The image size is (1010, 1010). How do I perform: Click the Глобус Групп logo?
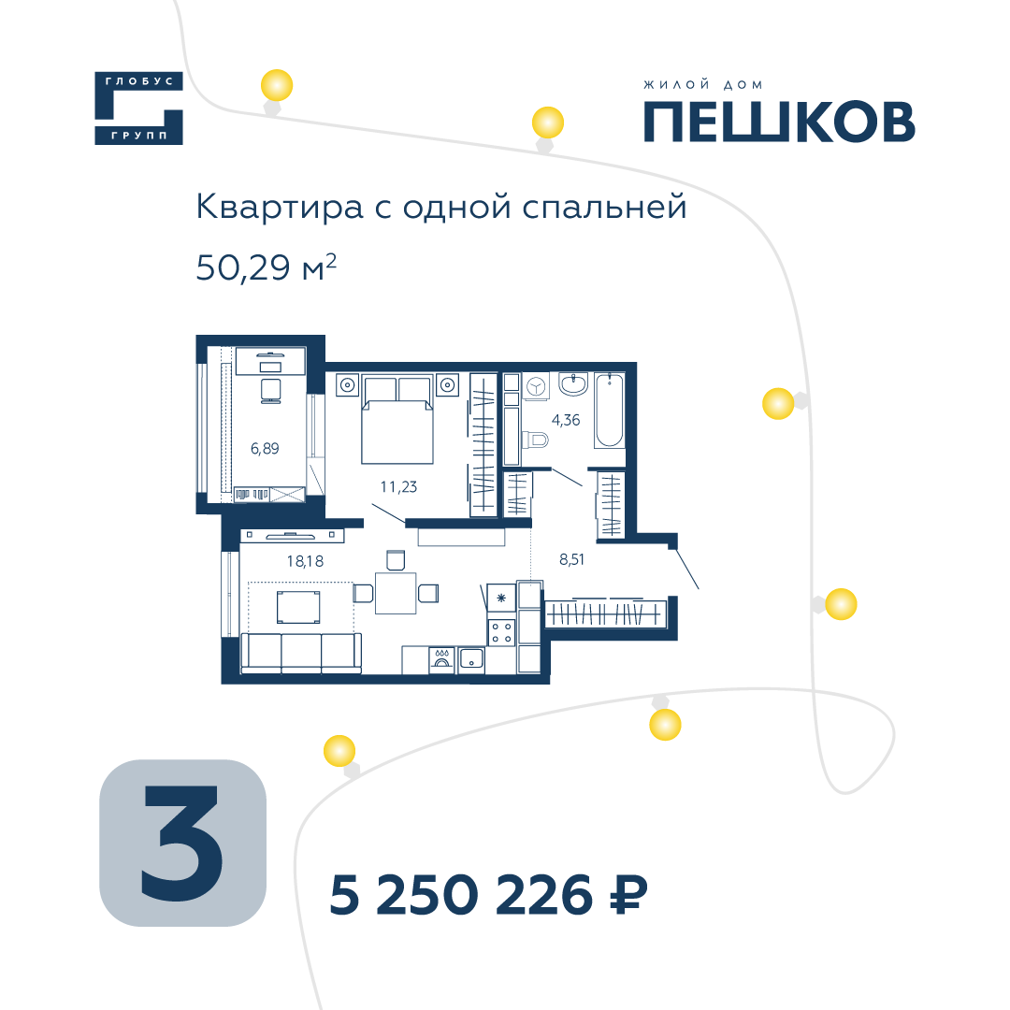click(138, 108)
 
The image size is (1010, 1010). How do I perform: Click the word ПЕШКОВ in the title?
click(779, 122)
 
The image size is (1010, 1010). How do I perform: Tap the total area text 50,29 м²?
click(266, 267)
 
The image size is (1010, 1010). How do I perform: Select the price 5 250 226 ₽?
click(488, 895)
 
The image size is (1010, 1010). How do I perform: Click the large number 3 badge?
click(183, 844)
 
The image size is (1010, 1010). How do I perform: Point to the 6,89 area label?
click(265, 448)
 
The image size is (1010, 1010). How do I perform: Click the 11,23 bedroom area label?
click(398, 487)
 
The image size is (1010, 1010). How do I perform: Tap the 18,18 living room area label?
click(305, 561)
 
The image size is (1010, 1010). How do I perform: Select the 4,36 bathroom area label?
click(566, 420)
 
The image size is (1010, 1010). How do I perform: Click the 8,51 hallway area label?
click(572, 559)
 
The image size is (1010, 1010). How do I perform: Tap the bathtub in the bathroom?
click(609, 410)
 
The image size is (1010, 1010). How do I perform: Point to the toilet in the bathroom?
click(536, 440)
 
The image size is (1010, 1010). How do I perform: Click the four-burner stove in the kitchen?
click(502, 631)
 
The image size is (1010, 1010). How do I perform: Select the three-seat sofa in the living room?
click(301, 653)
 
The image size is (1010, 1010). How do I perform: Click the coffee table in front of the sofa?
click(298, 608)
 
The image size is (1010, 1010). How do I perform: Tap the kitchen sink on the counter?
click(470, 660)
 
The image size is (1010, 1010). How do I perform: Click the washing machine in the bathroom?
click(536, 386)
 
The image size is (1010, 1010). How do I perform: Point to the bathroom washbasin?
click(572, 384)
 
